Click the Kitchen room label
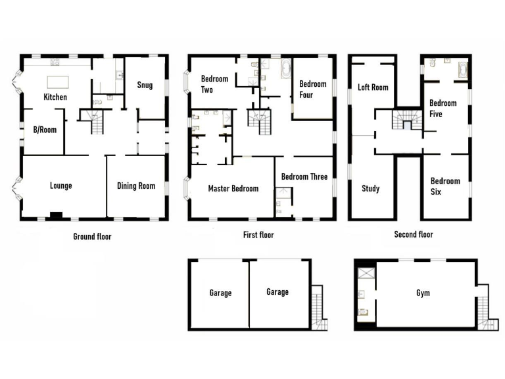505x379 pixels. click(55, 97)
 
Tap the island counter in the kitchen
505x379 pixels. click(57, 82)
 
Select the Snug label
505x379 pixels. click(145, 85)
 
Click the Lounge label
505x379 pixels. click(61, 186)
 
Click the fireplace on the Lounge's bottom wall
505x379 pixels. click(57, 215)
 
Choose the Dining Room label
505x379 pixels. click(136, 186)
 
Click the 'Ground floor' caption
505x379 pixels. click(92, 236)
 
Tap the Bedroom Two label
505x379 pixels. click(214, 85)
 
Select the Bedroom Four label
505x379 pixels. click(312, 89)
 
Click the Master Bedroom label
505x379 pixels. click(233, 189)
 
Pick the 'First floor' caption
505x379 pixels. click(258, 235)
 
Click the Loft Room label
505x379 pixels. click(373, 87)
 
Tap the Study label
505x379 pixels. click(371, 189)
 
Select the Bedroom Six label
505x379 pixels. click(445, 186)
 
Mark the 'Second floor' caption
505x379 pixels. click(414, 234)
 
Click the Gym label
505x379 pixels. click(423, 293)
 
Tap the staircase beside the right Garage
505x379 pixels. click(318, 307)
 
